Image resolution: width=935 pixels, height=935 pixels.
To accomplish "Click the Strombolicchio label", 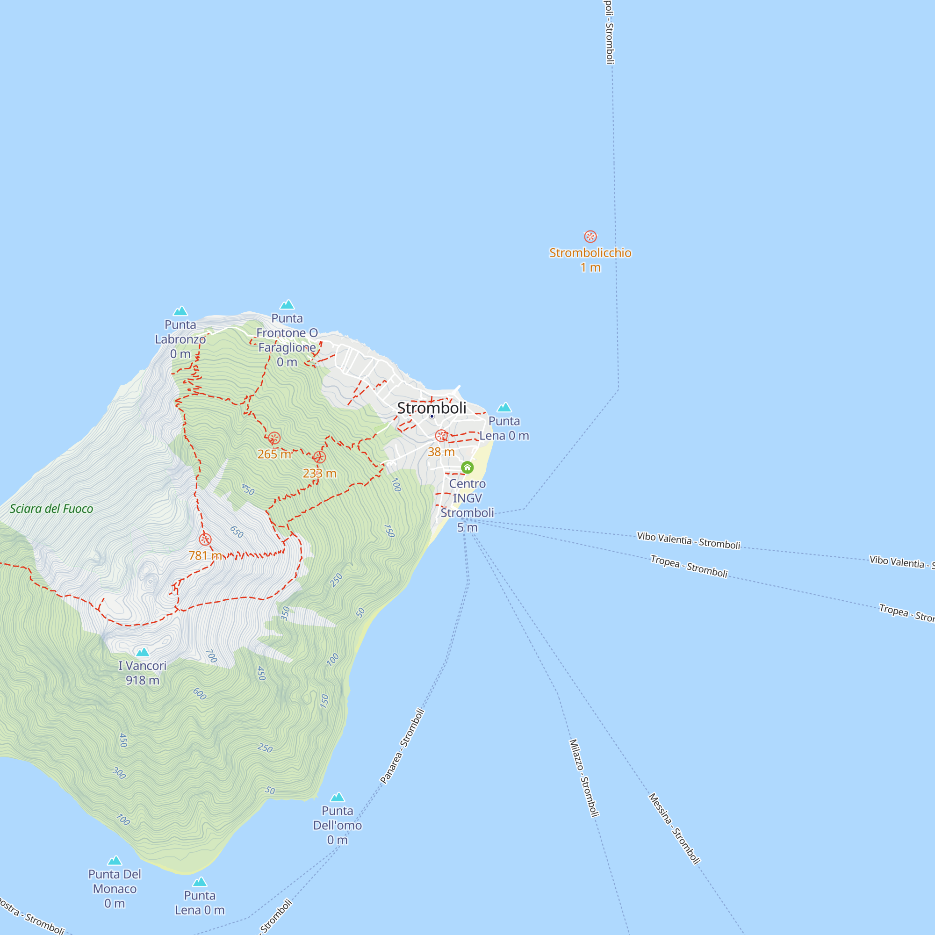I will coord(590,253).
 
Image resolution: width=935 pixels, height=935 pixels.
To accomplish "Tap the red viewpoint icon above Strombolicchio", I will coord(590,237).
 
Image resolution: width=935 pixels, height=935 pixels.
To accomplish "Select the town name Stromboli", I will coord(432,408).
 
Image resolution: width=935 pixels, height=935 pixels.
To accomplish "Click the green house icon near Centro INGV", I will coord(467,467).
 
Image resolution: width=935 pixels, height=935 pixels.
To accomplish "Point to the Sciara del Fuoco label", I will coord(51,509).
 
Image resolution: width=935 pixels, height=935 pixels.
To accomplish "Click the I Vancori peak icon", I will coord(142,652).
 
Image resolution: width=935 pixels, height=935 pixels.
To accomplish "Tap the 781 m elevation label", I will coord(205,555).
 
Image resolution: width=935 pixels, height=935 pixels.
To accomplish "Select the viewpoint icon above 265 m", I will coord(274,439).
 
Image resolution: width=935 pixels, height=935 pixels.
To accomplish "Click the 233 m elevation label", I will coord(319,473).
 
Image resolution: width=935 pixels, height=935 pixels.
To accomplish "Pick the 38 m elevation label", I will coord(441,452).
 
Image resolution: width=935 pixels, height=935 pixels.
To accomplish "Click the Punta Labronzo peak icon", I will coord(180,311).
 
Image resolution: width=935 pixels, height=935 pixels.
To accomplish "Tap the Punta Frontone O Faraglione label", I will coord(287,340).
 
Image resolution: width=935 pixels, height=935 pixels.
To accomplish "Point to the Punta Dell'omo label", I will coord(338,825).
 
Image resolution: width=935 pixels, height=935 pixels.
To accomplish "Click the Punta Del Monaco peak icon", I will coord(115,861).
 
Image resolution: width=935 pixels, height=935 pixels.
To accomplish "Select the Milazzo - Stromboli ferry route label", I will coord(584,778).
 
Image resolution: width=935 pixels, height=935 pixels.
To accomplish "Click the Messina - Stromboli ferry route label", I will coord(674,828).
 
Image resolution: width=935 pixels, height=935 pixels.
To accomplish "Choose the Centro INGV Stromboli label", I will coord(467,505).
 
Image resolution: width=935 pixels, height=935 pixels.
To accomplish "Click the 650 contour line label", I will coord(237,532).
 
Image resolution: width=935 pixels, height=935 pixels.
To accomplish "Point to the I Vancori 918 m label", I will coord(142,673).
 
